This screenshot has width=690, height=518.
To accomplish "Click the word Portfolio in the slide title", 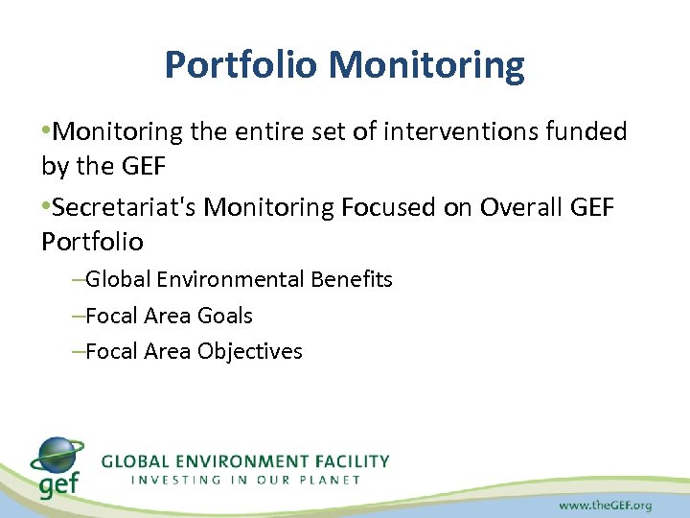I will (241, 65).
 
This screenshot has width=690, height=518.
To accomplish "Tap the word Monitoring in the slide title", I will (426, 65).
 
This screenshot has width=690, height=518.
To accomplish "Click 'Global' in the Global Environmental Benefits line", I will (119, 279).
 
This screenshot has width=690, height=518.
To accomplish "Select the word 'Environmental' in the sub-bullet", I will (231, 279).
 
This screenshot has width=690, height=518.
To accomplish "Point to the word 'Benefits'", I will (352, 279).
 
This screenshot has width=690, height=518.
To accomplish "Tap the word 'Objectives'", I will (250, 351).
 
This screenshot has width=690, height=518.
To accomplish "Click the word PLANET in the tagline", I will (328, 480).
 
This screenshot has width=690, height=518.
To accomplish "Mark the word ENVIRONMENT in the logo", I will (229, 461).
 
